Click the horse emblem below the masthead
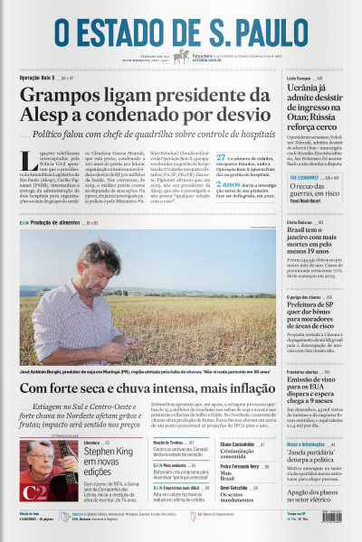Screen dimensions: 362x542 point(181,57)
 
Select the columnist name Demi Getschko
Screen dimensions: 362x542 point(215,487)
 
